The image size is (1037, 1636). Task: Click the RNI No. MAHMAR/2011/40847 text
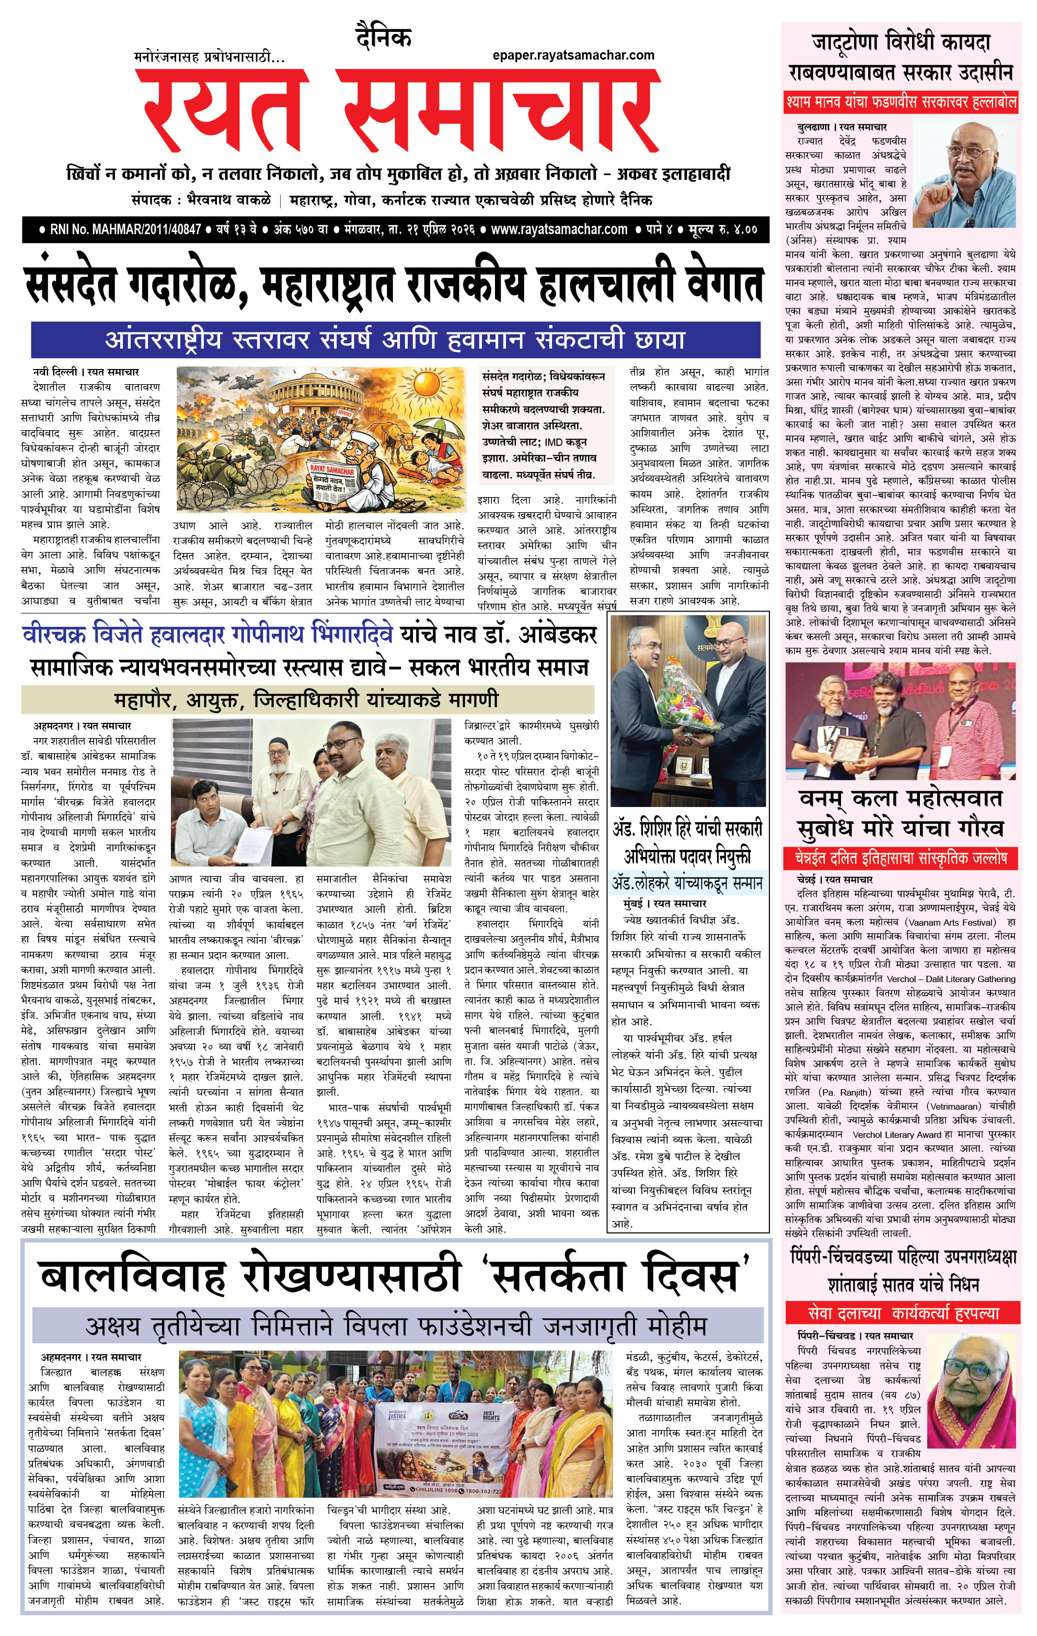pyautogui.click(x=125, y=229)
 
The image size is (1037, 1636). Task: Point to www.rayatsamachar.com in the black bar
pyautogui.click(x=559, y=229)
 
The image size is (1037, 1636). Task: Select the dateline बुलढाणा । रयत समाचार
pyautogui.click(x=842, y=127)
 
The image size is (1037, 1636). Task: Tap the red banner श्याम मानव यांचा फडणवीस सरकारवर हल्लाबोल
pyautogui.click(x=901, y=102)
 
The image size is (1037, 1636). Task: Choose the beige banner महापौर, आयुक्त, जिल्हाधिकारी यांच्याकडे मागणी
pyautogui.click(x=307, y=699)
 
